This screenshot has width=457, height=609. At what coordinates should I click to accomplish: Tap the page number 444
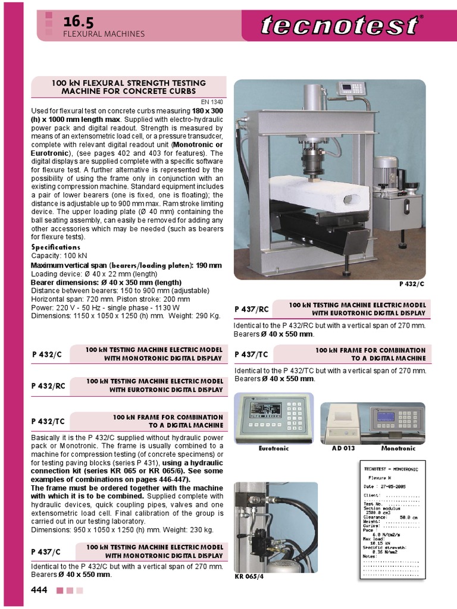click(x=39, y=589)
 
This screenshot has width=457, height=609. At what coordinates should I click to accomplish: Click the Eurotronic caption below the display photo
click(x=274, y=448)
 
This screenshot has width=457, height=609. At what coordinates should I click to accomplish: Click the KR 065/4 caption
click(x=249, y=577)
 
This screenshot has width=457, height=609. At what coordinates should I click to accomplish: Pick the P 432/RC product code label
click(x=48, y=385)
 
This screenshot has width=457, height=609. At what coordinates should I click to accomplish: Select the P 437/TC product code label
click(x=252, y=354)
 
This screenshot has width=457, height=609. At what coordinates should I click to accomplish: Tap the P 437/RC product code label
click(x=252, y=309)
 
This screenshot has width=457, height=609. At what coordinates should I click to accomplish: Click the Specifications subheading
click(x=55, y=247)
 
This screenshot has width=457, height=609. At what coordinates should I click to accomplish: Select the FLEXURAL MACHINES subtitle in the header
click(x=104, y=34)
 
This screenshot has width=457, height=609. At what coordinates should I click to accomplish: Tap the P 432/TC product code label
click(x=48, y=421)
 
